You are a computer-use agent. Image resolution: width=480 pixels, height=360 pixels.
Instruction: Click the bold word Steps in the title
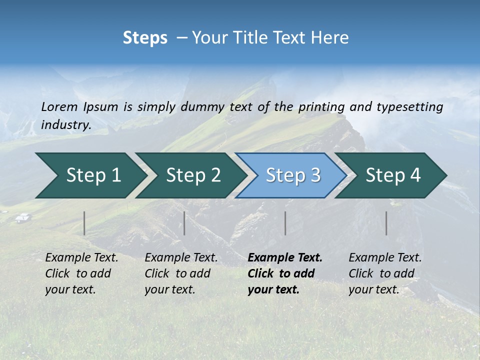click(145, 38)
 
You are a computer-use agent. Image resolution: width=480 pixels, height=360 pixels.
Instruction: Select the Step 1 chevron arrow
click(90, 175)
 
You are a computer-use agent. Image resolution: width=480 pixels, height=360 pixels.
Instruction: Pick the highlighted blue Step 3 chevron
click(292, 175)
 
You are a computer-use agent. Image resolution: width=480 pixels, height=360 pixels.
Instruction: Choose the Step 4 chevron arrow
click(392, 175)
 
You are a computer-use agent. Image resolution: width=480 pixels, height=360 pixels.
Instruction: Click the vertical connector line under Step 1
click(84, 223)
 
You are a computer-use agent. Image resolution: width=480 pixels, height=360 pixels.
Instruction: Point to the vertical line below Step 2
click(184, 223)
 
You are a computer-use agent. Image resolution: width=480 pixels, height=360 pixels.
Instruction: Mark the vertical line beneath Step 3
click(285, 223)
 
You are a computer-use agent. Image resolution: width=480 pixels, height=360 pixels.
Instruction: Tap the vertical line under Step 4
click(386, 223)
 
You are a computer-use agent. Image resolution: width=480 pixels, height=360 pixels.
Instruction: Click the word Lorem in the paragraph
click(59, 106)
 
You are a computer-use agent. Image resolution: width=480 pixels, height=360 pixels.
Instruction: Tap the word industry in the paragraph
click(65, 124)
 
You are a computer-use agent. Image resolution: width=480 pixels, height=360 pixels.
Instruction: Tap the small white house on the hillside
click(22, 217)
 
